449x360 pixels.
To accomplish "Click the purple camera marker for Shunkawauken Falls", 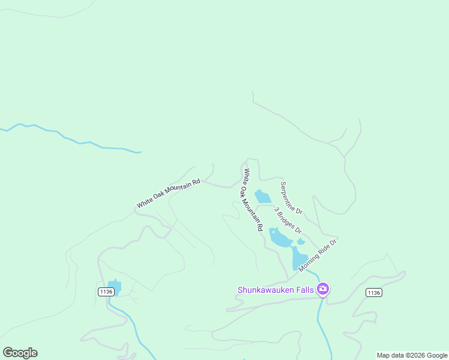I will coord(323,290).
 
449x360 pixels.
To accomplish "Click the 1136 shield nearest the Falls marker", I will coord(373,292).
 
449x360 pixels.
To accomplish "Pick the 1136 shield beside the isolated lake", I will coord(106,292).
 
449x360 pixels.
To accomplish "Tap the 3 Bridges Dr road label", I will coord(288,221).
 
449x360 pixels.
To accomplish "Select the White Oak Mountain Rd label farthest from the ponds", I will coord(167,193).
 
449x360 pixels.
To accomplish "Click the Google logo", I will coord(20,353).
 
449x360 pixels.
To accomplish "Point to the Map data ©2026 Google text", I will coord(412,355).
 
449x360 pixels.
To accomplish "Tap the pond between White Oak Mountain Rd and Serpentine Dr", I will coord(262,197).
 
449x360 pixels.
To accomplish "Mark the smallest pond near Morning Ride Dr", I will coord(301,242).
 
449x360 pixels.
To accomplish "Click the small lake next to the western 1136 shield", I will coord(114,287).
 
